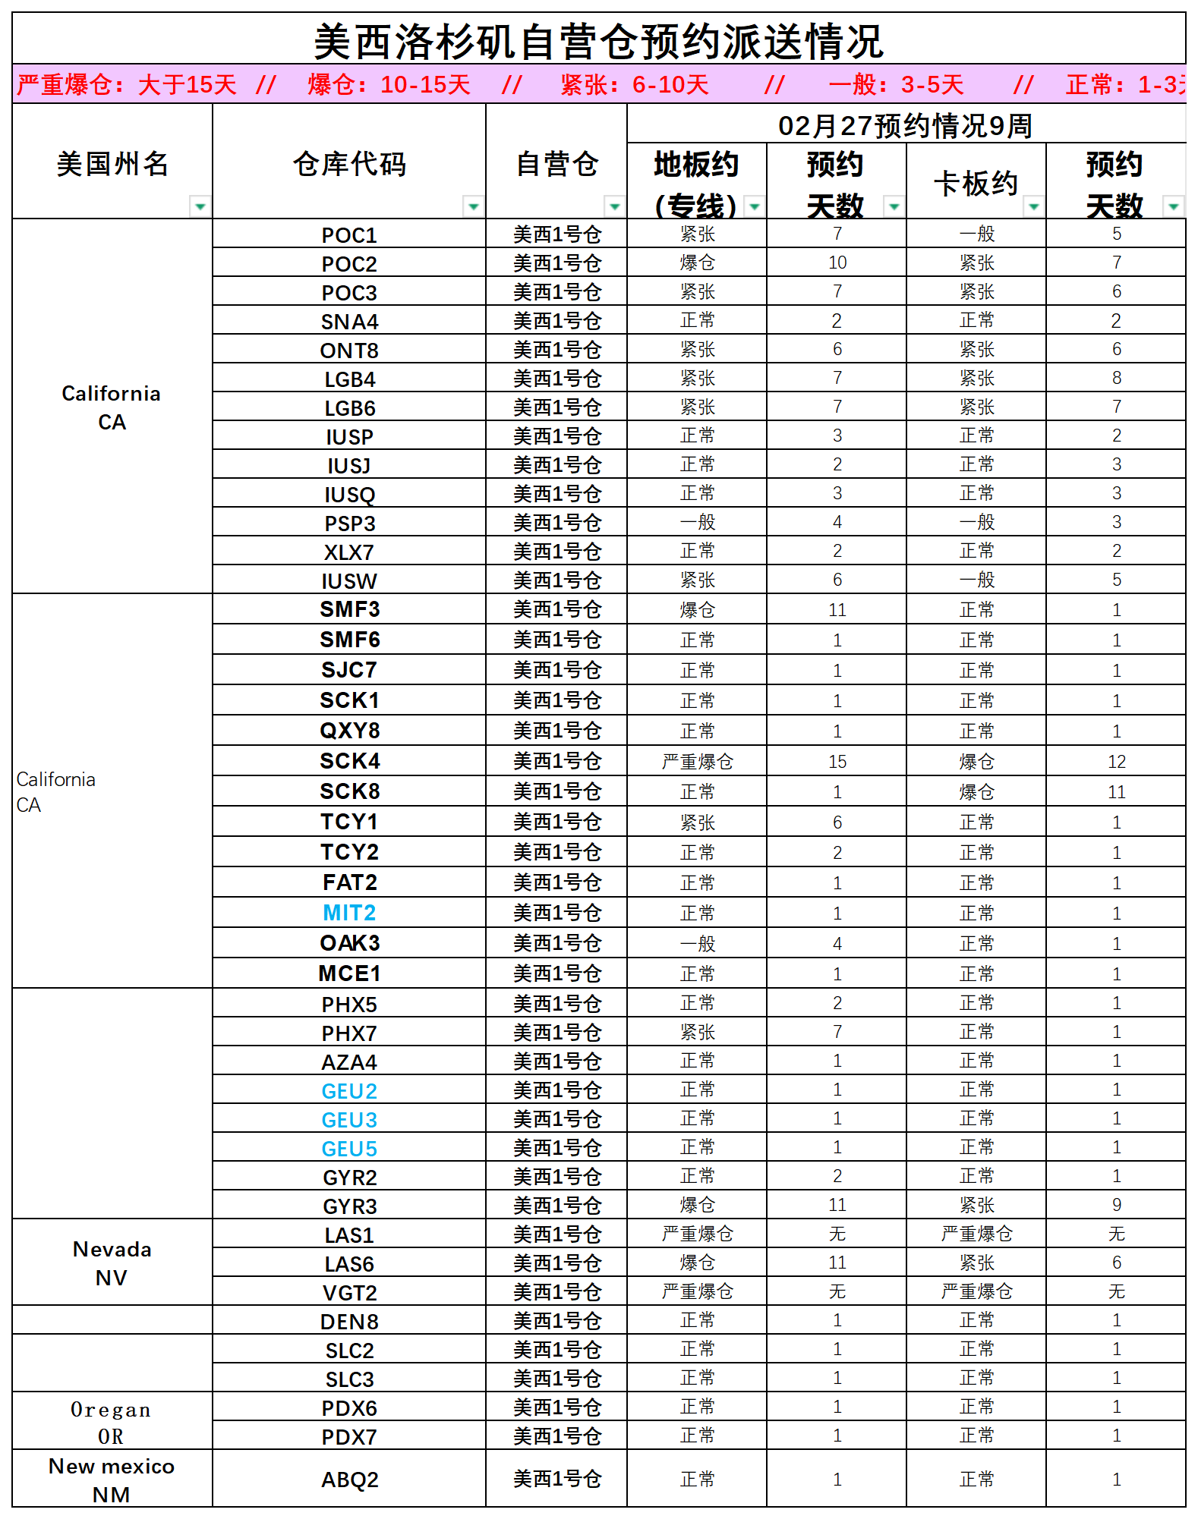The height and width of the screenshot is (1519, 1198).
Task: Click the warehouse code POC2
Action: [349, 264]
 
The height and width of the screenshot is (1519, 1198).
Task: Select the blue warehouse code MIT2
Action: [349, 913]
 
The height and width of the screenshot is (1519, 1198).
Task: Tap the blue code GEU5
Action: [349, 1149]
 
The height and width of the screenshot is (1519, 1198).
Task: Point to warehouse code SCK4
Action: [349, 761]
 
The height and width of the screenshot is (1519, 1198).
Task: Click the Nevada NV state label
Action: [112, 1263]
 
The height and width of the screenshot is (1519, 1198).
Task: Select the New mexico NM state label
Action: [112, 1480]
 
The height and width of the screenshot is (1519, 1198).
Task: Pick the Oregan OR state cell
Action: [112, 1422]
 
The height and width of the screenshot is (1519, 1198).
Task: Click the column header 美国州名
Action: [112, 164]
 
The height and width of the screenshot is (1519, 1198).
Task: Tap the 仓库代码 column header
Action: [349, 164]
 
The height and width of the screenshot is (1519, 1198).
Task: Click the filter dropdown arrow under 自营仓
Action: [614, 206]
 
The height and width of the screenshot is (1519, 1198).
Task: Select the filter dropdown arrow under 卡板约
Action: [1033, 206]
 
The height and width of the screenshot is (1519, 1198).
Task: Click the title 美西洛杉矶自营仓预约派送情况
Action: [598, 41]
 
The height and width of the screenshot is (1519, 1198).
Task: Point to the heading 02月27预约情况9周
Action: [905, 125]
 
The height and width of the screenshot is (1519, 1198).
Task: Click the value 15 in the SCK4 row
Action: [837, 762]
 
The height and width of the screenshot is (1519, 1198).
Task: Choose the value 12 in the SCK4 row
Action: [1116, 762]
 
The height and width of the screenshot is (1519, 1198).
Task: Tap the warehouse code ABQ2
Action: [349, 1480]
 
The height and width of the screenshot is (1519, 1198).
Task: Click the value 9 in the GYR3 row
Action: [1116, 1205]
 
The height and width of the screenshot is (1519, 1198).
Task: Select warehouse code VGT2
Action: [349, 1293]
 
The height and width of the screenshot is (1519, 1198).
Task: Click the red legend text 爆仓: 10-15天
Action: [389, 84]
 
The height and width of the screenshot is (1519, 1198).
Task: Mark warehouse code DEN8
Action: [349, 1322]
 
